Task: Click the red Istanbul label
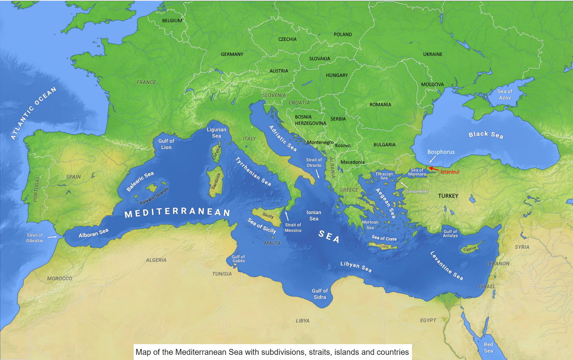450,172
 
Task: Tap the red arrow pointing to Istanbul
434,169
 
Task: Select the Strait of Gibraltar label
35,238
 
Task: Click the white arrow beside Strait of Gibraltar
52,237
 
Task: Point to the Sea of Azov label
505,94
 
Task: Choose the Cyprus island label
470,249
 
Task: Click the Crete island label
384,247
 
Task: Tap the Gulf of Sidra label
320,294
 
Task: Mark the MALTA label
272,243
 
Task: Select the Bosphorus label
441,152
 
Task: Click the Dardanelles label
417,191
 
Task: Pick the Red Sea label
488,347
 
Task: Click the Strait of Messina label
293,228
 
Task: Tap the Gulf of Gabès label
238,259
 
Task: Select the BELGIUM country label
172,21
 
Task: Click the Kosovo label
343,146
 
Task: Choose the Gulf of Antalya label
450,234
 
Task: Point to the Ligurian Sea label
217,132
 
